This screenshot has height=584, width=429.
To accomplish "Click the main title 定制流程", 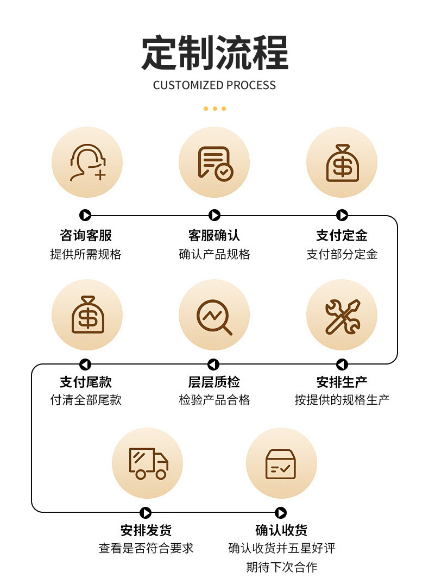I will pos(214,53).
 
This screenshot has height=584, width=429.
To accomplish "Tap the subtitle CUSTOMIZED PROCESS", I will pos(214,85).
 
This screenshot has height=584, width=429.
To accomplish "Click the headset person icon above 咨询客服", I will pos(87,162).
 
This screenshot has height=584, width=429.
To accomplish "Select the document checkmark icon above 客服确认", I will pos(214,162).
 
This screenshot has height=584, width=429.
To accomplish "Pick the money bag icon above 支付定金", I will pos(342,162).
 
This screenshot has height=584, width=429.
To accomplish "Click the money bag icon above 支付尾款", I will pos(87,315).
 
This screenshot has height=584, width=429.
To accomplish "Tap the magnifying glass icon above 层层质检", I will pos(214,315).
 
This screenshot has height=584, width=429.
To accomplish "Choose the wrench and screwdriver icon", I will pos(342,315).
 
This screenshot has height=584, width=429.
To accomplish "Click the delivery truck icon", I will pos(148,463).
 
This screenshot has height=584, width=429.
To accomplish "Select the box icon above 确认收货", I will pos(281,463).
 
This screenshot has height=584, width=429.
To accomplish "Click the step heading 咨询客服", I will pos(86,235).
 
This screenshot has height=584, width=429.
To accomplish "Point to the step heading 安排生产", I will pos(342,382).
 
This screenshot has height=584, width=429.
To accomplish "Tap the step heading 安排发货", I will pos(146,530).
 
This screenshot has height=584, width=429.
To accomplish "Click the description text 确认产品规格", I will pos(214,254).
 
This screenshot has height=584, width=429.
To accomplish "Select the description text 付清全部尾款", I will pos(86,400).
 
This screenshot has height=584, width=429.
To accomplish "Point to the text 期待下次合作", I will pos(281,567).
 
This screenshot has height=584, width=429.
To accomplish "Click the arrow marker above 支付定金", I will pos(342,215).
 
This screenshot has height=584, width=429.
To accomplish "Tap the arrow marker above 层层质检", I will pos(213,364).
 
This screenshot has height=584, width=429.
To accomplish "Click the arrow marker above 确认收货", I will pos(280,512).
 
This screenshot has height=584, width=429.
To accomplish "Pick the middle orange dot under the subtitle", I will pos(214,109).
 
